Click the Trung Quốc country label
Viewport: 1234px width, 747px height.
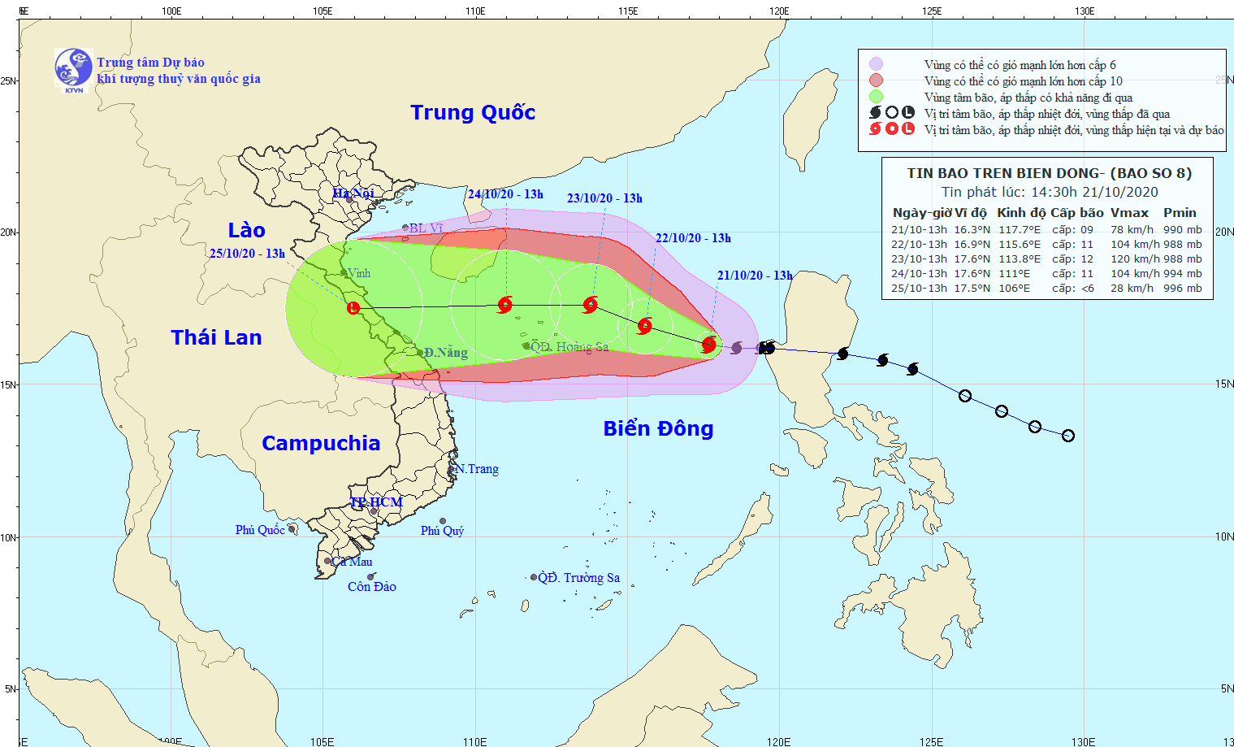click(x=473, y=112)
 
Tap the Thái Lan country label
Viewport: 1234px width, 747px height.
click(x=216, y=337)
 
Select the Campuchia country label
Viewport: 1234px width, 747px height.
click(x=321, y=443)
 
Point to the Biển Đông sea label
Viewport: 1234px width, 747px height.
click(x=658, y=428)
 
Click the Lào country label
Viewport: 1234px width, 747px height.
click(x=246, y=230)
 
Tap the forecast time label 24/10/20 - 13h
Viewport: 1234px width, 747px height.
click(x=505, y=194)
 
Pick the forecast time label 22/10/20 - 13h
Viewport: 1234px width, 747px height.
click(x=693, y=238)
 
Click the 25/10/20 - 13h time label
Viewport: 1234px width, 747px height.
click(x=247, y=254)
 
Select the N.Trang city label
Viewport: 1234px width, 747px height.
click(x=478, y=469)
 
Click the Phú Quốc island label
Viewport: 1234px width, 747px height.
click(x=260, y=530)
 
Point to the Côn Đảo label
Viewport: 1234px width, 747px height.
click(x=372, y=587)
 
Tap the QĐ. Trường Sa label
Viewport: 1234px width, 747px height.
click(x=579, y=578)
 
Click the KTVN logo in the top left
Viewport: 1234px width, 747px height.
click(x=73, y=68)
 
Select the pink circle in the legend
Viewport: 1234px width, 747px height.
click(x=876, y=64)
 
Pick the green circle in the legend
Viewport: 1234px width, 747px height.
click(x=876, y=97)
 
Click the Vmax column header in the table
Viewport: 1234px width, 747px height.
click(x=1129, y=213)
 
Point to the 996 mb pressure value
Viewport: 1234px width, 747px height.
click(x=1183, y=289)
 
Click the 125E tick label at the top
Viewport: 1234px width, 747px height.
click(x=932, y=11)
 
